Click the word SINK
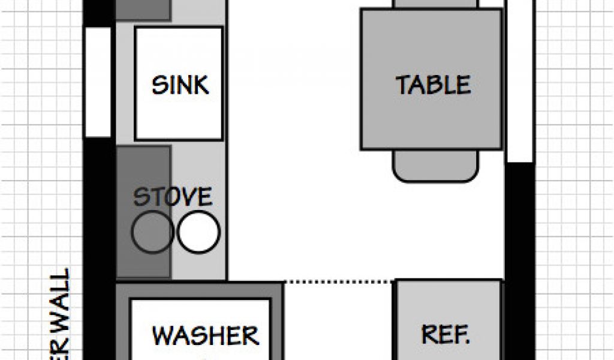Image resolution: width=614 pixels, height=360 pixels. (x=180, y=85)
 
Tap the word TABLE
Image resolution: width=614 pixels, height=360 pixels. (x=433, y=85)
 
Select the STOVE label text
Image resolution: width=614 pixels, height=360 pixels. (x=172, y=197)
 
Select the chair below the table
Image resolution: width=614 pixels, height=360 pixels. (x=436, y=166)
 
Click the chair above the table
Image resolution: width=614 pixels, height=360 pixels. (x=436, y=4)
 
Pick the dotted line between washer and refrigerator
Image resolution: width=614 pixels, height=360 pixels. (x=339, y=281)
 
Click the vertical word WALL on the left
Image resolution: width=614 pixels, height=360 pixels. (x=60, y=300)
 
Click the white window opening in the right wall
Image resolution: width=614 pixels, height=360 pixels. (x=520, y=81)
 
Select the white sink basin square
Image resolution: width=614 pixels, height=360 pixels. (x=179, y=120)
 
